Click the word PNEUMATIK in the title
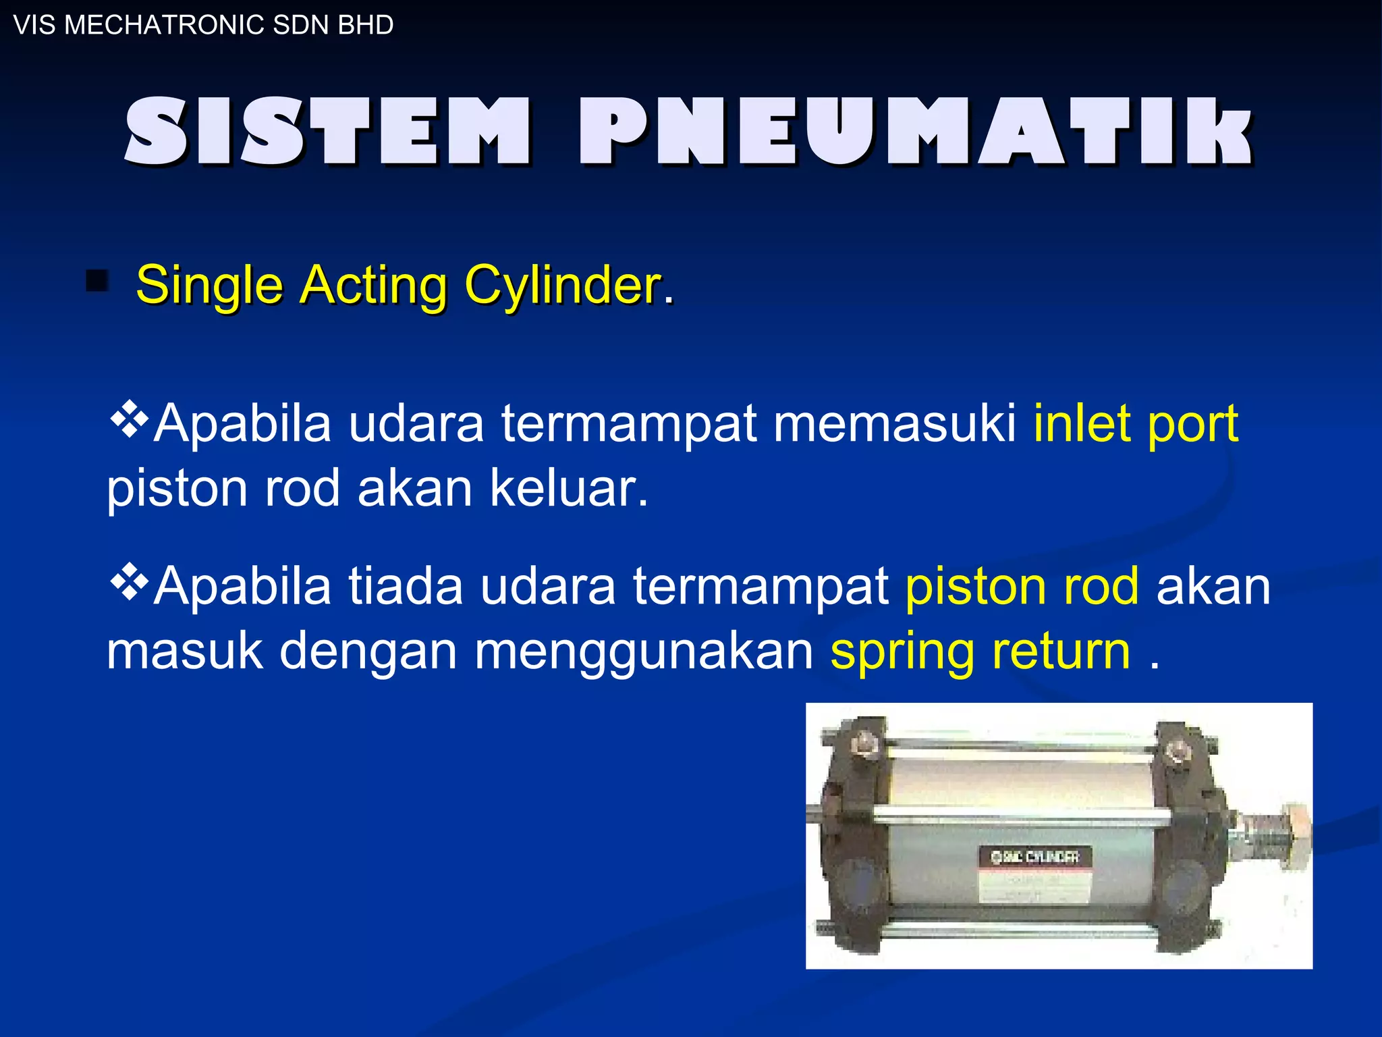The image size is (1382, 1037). tap(915, 132)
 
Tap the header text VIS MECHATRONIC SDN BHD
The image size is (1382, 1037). tap(203, 25)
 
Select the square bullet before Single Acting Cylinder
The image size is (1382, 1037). tap(97, 281)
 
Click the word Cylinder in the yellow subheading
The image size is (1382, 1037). tap(563, 285)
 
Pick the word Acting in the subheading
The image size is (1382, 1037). tap(373, 285)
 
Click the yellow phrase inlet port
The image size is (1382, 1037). tap(1136, 424)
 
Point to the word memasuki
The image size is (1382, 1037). tap(894, 424)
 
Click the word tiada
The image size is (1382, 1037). tap(405, 585)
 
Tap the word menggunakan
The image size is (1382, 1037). tap(644, 652)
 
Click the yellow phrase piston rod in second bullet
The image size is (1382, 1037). tap(1022, 585)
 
